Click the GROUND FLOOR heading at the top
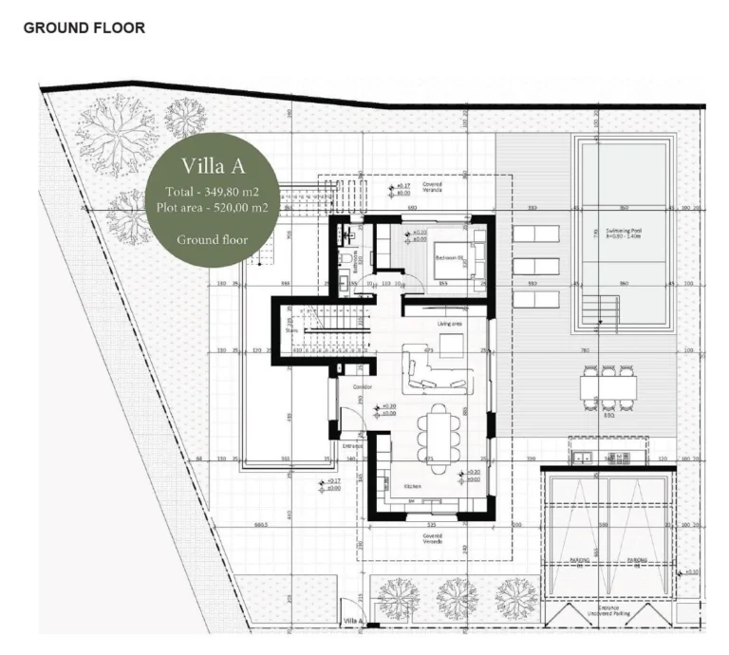(84, 28)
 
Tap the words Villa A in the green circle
(213, 167)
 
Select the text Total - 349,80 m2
(213, 192)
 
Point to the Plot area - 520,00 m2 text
(213, 207)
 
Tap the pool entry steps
(592, 309)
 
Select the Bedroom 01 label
(447, 256)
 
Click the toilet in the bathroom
(347, 234)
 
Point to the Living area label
(449, 324)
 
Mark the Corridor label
(362, 387)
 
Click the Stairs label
(290, 331)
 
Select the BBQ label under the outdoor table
(609, 415)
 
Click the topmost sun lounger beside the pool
(534, 234)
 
